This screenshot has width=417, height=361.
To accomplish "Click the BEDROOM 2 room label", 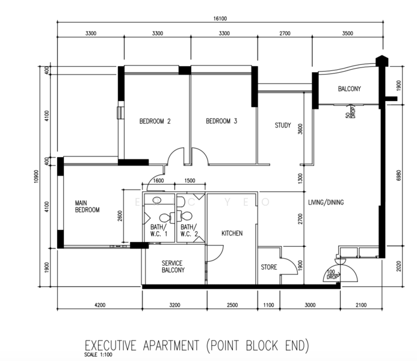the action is coord(155,122).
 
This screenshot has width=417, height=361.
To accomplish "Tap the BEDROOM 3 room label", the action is coord(221,121).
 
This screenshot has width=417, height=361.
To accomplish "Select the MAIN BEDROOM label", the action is coord(87,206).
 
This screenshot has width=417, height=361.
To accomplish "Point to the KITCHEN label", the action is coord(232,233).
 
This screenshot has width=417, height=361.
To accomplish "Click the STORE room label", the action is coord(268,267).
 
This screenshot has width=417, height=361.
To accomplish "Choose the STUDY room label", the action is coord(283,125).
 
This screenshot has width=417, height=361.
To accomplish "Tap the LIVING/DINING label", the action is coord(326,203).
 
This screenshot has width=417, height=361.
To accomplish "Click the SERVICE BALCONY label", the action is coord(173,267).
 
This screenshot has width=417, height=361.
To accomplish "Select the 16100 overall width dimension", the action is coord(220,19).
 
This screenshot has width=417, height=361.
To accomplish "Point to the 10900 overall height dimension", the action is coord(37,176).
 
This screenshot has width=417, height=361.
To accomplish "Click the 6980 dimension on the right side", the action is coord(399,176).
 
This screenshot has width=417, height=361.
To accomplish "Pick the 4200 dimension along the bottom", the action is coord(100,305).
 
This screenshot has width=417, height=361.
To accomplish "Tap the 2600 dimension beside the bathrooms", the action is coord(120,215).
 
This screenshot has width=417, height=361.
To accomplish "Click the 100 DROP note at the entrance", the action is coord(332,274).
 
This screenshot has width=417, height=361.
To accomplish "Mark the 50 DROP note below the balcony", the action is coord(351,112).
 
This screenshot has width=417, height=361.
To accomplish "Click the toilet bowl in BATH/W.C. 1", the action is coord(165,218).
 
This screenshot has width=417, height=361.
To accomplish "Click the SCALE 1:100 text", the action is coord(98,354).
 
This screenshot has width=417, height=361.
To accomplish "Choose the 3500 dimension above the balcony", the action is coord(347,34).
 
